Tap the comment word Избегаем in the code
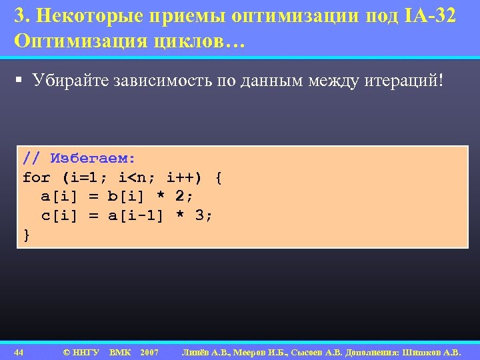pyautogui.click(x=93, y=159)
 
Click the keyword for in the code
pyautogui.click(x=36, y=178)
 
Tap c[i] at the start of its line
pyautogui.click(x=59, y=215)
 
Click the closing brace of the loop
pyautogui.click(x=27, y=234)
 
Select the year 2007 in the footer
pyautogui.click(x=149, y=351)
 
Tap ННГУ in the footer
pyautogui.click(x=85, y=351)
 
